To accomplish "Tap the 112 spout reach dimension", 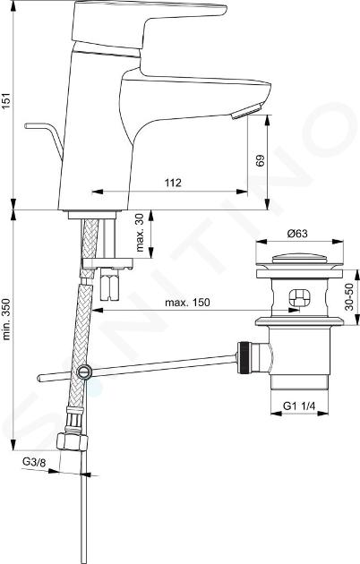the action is pos(173,183).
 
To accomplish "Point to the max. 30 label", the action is pos(140,233).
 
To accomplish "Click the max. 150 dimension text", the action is pos(187,303).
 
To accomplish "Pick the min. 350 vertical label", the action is pos(7,319).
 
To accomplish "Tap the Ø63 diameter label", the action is pos(297,234).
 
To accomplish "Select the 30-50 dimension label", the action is pos(349,296).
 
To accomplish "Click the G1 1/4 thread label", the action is pos(299,406).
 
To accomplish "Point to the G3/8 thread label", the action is pos(34,462).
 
